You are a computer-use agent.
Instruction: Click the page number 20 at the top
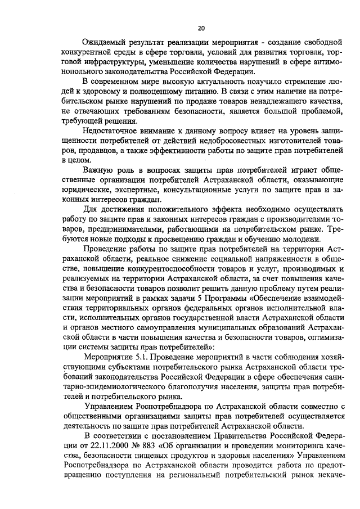coord(201,28)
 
